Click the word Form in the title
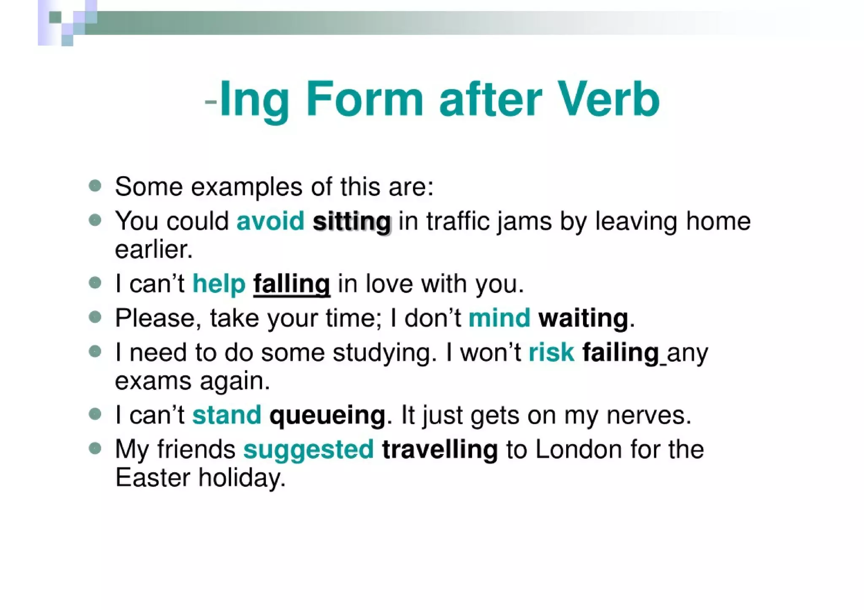pyautogui.click(x=364, y=99)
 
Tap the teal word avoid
pyautogui.click(x=270, y=221)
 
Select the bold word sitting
pyautogui.click(x=352, y=222)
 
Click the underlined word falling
pyautogui.click(x=292, y=284)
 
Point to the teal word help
pyautogui.click(x=219, y=283)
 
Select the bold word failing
pyautogui.click(x=621, y=353)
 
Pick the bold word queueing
pyautogui.click(x=327, y=416)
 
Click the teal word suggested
pyautogui.click(x=308, y=450)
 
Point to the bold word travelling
pyautogui.click(x=440, y=450)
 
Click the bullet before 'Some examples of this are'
pyautogui.click(x=95, y=185)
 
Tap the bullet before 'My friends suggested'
pyautogui.click(x=95, y=448)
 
